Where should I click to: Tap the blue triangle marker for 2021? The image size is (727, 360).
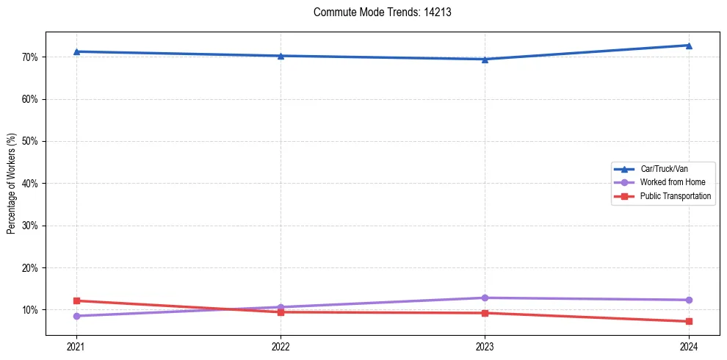tap(76, 51)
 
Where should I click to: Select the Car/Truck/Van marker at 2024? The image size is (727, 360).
tap(689, 46)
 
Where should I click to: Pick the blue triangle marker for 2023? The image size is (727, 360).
tap(485, 59)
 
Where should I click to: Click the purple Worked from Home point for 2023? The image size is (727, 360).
tap(485, 298)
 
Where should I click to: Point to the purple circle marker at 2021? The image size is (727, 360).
tap(76, 316)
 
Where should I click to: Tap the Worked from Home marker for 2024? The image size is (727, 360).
tap(689, 300)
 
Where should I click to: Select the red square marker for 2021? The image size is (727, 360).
tap(76, 300)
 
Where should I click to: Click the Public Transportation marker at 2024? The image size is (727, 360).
tap(689, 321)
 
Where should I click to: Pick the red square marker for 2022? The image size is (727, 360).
tap(281, 312)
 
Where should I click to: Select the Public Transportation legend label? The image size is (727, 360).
tap(675, 196)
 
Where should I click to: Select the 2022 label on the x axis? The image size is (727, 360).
tap(281, 346)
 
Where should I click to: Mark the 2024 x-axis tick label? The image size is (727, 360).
tap(689, 346)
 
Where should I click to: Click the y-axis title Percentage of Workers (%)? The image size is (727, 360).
tap(11, 184)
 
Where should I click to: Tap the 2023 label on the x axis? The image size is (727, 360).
tap(485, 346)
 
